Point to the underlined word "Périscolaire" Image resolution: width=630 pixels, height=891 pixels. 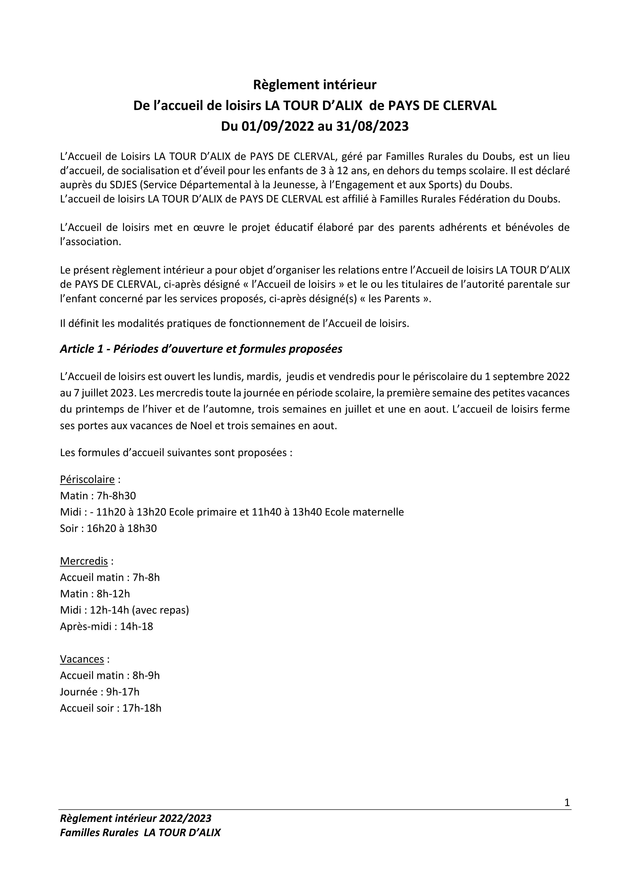[x=87, y=480]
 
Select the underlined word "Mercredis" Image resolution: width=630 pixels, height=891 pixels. [x=84, y=561]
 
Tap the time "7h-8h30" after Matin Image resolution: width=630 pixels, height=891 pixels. [x=116, y=496]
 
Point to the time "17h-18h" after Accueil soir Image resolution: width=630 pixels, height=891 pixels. [x=142, y=708]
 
